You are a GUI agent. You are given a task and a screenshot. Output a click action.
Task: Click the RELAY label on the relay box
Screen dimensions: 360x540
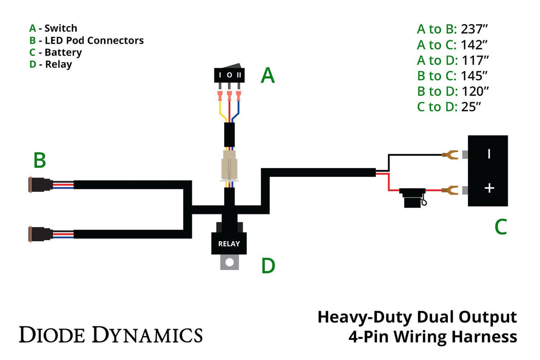(229, 244)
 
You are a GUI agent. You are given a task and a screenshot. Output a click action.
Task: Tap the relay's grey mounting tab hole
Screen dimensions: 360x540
(230, 262)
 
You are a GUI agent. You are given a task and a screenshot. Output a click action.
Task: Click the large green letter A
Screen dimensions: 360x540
(267, 76)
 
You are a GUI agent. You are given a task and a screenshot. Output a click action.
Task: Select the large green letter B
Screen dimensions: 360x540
(40, 160)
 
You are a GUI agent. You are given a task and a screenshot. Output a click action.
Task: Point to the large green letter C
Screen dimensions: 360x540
(500, 227)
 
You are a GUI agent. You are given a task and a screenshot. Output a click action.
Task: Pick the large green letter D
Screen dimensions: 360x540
(268, 266)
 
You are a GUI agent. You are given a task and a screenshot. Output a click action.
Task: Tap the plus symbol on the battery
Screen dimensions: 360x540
(489, 188)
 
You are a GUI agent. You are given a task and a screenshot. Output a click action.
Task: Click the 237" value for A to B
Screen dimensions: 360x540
(474, 29)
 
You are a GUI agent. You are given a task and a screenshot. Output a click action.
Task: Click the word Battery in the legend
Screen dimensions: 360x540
(63, 52)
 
